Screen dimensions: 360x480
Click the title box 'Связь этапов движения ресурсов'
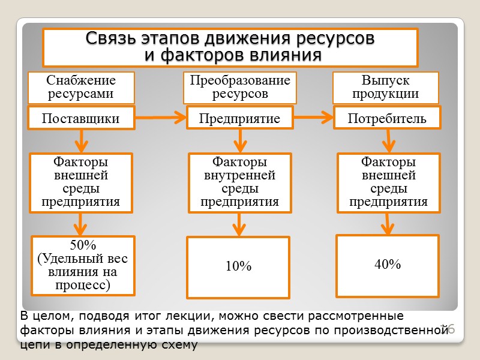(x=230, y=47)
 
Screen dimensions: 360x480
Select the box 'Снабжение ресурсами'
(x=81, y=88)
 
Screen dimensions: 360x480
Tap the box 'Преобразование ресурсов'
(x=240, y=88)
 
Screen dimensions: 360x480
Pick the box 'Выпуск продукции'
(x=386, y=88)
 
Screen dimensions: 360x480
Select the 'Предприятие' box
(x=240, y=118)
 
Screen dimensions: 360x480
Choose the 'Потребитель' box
(x=387, y=118)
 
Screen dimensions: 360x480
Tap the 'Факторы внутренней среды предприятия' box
(x=240, y=182)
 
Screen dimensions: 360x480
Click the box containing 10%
(x=238, y=267)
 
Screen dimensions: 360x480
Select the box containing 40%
(x=387, y=265)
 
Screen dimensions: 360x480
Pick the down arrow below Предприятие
(x=240, y=141)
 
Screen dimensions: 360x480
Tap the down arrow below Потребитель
(x=388, y=141)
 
